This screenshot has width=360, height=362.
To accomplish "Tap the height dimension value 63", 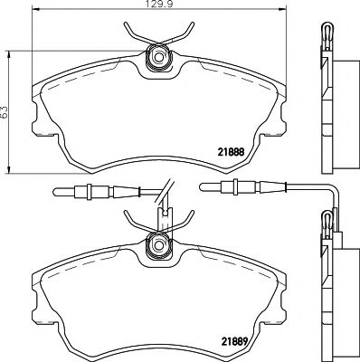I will point(6,111).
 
